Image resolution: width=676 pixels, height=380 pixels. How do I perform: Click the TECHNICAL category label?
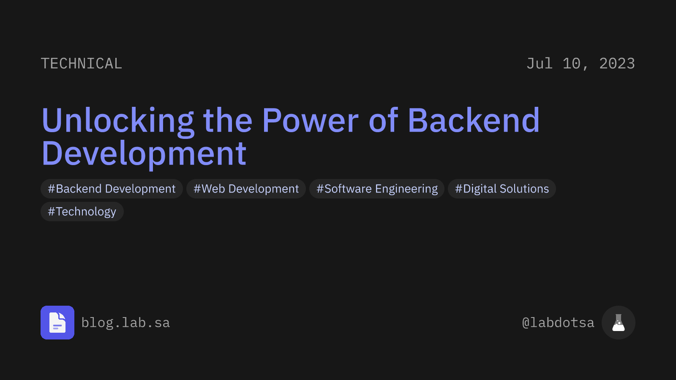[82, 64]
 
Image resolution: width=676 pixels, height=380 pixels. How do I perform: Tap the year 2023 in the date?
[617, 64]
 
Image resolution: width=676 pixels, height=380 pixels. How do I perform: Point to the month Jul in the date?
[540, 64]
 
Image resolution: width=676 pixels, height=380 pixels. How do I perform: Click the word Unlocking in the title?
[118, 121]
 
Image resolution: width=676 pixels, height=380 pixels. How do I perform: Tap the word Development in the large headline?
[144, 154]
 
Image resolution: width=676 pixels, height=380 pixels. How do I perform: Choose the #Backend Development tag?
[112, 189]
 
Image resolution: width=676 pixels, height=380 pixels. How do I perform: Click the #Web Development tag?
[246, 189]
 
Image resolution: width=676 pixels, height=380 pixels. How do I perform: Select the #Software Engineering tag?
[377, 189]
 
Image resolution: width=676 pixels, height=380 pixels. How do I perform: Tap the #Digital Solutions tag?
[502, 189]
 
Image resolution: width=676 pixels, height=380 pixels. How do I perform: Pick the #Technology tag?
[82, 212]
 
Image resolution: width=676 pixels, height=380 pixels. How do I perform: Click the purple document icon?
[57, 323]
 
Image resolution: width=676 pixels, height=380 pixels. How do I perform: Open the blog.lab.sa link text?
[125, 323]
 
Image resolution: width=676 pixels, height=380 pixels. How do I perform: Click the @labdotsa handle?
[558, 323]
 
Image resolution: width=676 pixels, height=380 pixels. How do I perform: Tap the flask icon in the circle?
[619, 323]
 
